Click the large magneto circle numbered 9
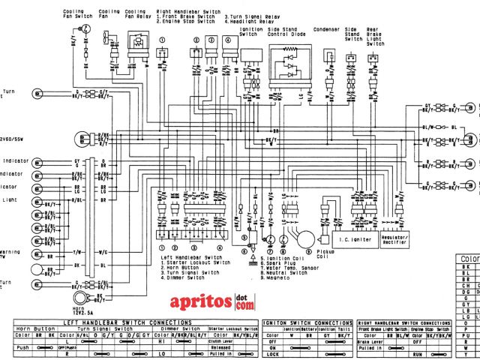(x=304, y=238)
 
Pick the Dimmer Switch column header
(x=181, y=328)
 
